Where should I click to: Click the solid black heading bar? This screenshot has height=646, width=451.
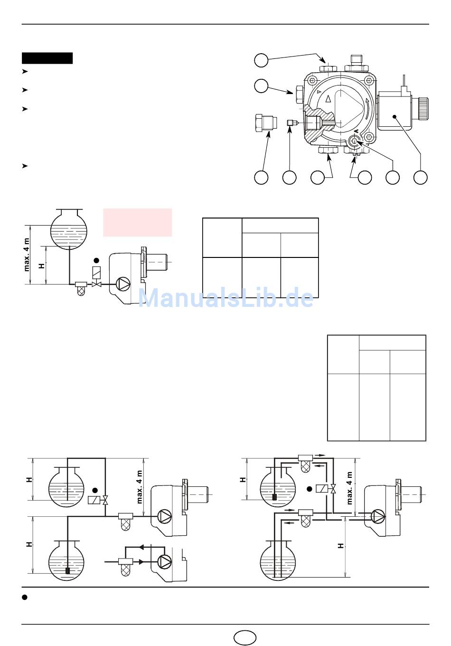[x=47, y=58]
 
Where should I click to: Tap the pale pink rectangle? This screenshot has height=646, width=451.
[x=138, y=222]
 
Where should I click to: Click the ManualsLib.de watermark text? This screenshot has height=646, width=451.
[x=226, y=298]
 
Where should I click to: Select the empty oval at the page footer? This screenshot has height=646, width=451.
[x=244, y=637]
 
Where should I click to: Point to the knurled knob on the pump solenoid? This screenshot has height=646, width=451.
[x=423, y=109]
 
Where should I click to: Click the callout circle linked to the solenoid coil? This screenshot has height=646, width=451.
[x=420, y=177]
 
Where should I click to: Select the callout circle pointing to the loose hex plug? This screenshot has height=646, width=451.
[x=261, y=177]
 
